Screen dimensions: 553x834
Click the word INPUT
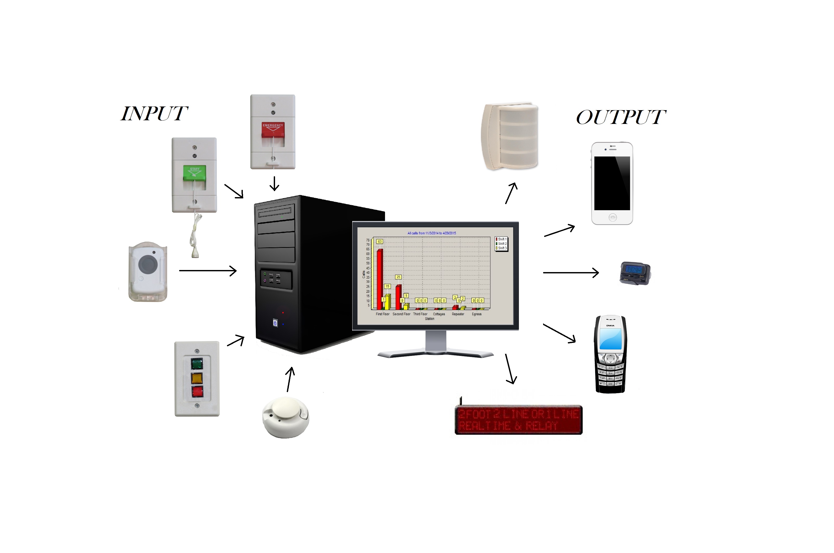pyautogui.click(x=154, y=114)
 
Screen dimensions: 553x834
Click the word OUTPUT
pyautogui.click(x=621, y=117)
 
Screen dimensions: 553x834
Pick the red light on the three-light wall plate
pyautogui.click(x=197, y=392)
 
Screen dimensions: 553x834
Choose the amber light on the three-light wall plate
pyautogui.click(x=197, y=378)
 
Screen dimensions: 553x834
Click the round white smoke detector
pyautogui.click(x=285, y=417)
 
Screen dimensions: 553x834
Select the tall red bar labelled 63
pyautogui.click(x=380, y=279)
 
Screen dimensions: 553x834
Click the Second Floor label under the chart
pyautogui.click(x=401, y=314)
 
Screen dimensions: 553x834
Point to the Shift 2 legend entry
pyautogui.click(x=501, y=244)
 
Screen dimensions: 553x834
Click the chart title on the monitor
pyautogui.click(x=432, y=233)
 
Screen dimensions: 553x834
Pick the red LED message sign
pyautogui.click(x=518, y=420)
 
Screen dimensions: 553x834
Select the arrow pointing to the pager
pyautogui.click(x=571, y=273)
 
